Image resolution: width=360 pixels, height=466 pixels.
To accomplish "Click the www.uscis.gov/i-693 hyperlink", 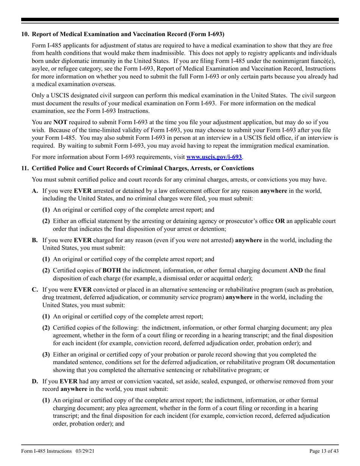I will coord(214,156).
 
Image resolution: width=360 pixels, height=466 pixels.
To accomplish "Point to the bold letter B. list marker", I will coord(35,240).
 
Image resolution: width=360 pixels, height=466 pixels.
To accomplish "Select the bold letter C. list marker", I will coord(35,290).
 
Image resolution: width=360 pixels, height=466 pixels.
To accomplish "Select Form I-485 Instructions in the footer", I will coord(46,451).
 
